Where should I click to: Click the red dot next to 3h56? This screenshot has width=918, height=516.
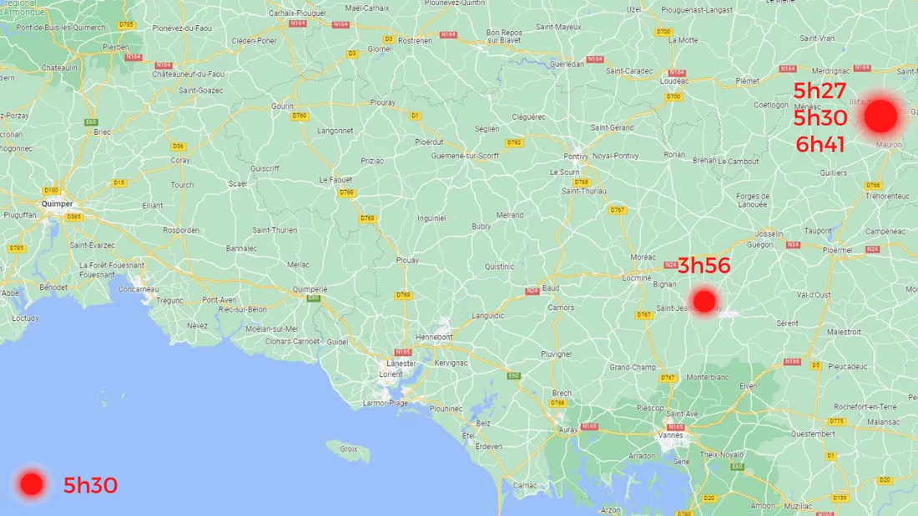tap(704, 300)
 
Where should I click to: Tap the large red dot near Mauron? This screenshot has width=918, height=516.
tap(880, 116)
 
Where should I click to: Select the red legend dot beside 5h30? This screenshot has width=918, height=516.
tap(32, 484)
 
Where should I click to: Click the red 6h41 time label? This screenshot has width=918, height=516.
tap(820, 144)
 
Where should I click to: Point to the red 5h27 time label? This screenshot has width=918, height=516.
tap(820, 91)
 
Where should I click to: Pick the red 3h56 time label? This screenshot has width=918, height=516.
tap(704, 266)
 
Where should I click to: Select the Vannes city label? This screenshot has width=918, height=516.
tap(670, 435)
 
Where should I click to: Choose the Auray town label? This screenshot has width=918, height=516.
tap(567, 430)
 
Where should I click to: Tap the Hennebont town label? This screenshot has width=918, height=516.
tap(433, 336)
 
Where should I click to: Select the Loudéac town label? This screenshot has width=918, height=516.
tap(673, 81)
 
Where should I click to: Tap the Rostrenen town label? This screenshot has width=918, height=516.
tap(416, 40)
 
